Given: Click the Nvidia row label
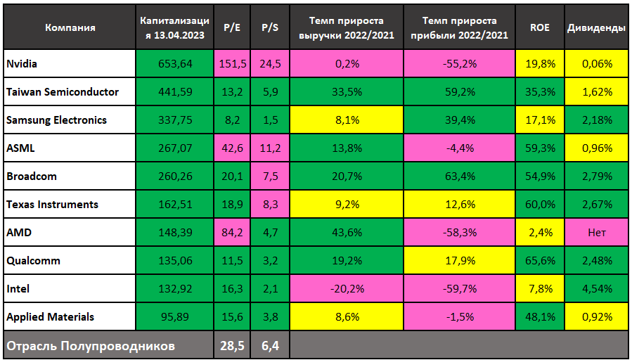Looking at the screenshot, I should coord(22,64).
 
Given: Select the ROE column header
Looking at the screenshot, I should coord(540,28).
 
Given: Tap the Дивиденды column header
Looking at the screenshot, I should coord(596,28).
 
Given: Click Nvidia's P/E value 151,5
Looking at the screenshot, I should coord(233,64).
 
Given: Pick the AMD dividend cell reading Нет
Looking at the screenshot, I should coord(597,233).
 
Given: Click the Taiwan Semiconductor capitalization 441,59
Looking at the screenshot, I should coord(174,92).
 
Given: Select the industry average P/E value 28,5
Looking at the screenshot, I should coord(233,346).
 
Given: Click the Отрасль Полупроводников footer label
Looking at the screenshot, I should coord(90,346).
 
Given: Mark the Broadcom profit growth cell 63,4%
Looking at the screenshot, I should coord(460,176).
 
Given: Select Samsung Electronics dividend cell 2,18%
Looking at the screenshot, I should coord(597,120).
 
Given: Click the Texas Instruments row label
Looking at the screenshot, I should coord(52,205).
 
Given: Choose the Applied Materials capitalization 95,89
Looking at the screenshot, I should coord(174,317).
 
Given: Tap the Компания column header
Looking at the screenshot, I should coord(70,28).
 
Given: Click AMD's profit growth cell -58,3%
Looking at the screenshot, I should coord(460,233).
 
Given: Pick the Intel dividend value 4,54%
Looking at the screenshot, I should coord(597,289).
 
